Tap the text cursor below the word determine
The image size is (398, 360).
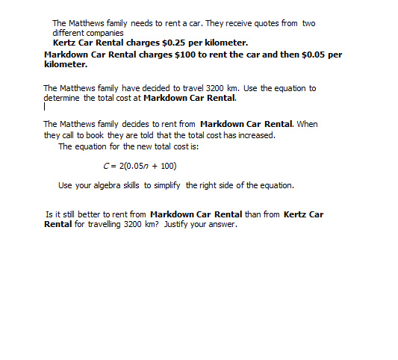(x=45, y=107)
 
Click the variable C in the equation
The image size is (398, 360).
(x=105, y=166)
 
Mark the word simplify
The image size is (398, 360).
(x=202, y=185)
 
